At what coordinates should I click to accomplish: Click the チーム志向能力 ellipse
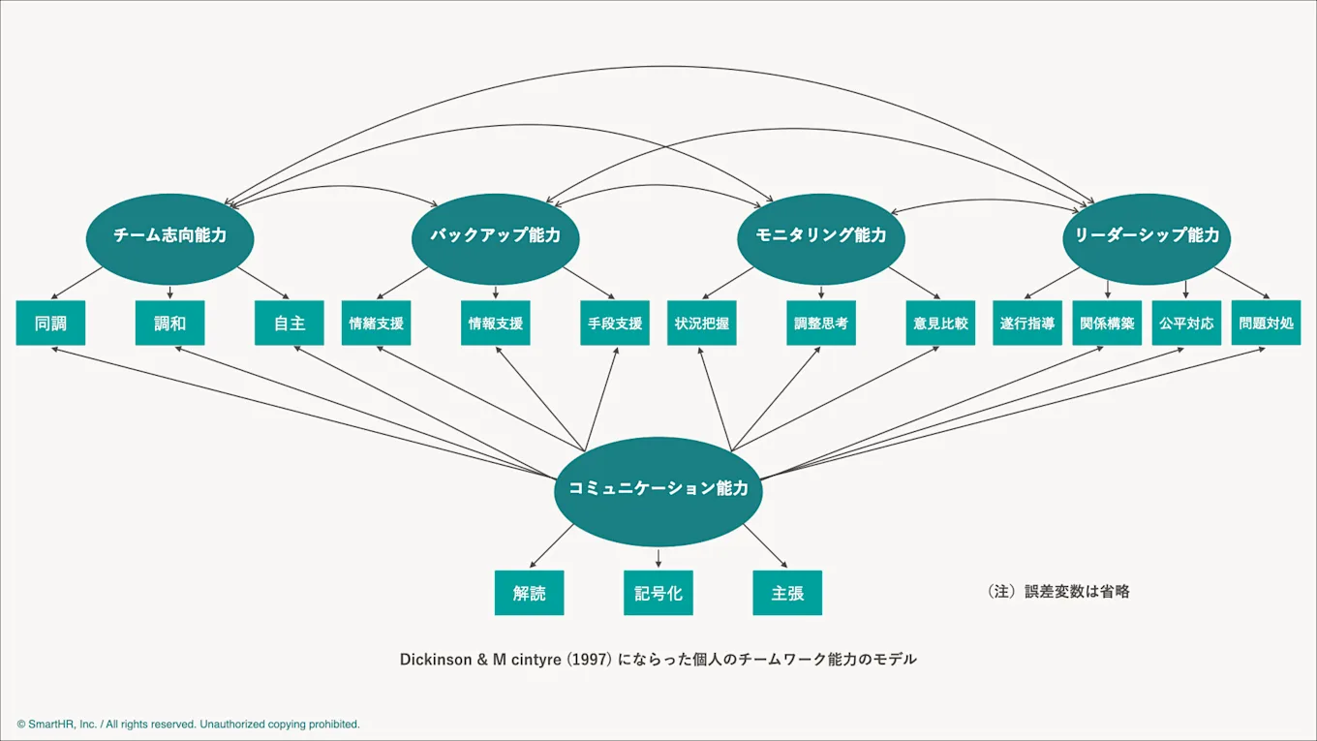[x=169, y=235]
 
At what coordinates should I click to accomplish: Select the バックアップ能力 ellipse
[x=495, y=235]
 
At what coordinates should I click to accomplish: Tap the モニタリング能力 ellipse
[x=820, y=235]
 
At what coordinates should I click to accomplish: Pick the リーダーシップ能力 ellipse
[x=1146, y=235]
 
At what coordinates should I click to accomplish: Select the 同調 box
[x=50, y=324]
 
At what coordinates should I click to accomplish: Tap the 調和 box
[x=169, y=324]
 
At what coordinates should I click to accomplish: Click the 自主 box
[x=289, y=324]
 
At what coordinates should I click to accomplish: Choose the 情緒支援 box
[x=376, y=324]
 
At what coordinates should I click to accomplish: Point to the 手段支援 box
[x=614, y=324]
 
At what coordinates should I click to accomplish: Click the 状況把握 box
[x=701, y=324]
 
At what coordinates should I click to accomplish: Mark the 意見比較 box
[x=939, y=324]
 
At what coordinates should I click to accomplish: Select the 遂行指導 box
[x=1027, y=324]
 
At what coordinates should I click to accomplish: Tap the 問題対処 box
[x=1266, y=324]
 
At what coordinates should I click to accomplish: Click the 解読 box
[x=529, y=593]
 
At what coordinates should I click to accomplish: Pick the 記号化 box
[x=658, y=593]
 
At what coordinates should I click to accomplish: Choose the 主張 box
[x=787, y=593]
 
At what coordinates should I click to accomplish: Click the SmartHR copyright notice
[x=188, y=724]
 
